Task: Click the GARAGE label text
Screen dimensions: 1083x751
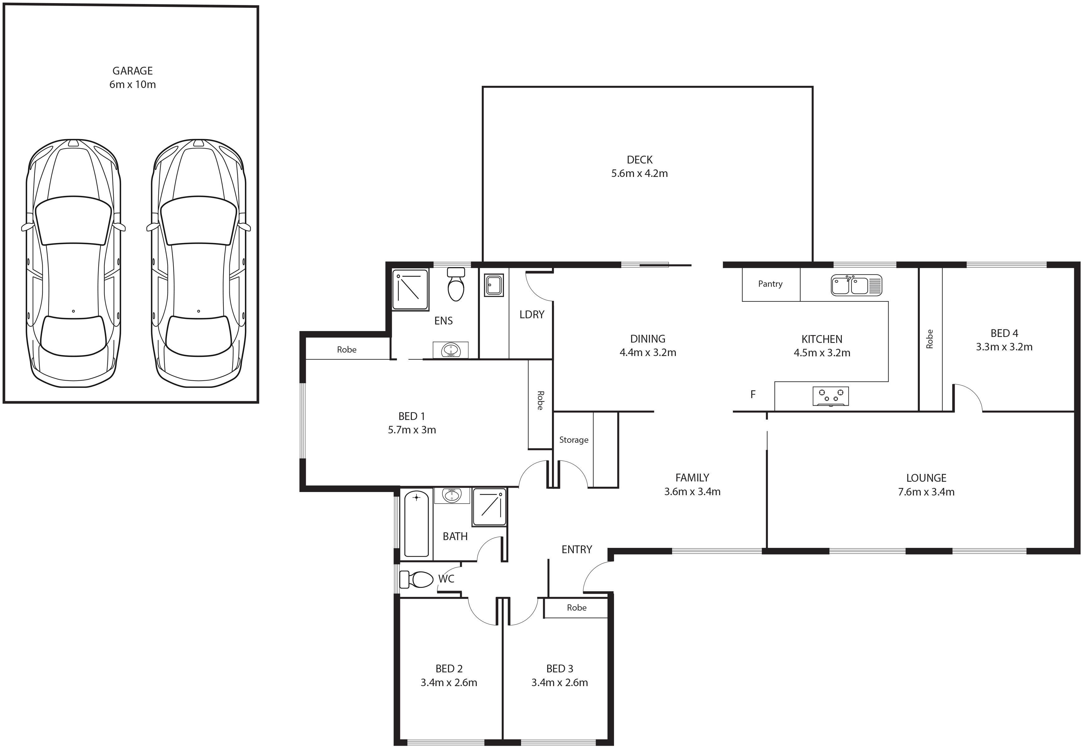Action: point(133,71)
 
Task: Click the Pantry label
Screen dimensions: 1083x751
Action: point(770,284)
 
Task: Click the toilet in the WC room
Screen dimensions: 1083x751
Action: point(416,580)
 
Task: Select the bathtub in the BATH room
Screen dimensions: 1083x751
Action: point(416,524)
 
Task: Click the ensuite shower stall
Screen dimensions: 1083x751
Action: point(410,290)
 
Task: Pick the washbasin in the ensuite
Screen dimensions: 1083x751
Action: point(451,350)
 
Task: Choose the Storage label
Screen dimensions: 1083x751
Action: point(573,440)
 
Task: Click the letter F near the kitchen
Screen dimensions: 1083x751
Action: point(753,394)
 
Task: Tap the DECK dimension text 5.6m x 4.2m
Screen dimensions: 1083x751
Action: point(639,173)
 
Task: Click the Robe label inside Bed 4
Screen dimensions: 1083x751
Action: point(929,339)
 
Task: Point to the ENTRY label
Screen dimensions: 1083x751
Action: point(577,549)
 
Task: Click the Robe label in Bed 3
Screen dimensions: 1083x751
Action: point(577,607)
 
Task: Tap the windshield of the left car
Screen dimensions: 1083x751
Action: point(73,220)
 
